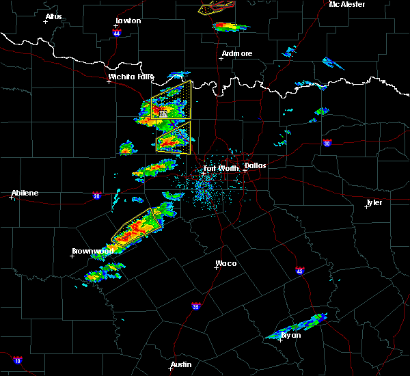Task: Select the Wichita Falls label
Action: point(131,77)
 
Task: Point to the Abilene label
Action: point(25,193)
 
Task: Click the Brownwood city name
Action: point(92,251)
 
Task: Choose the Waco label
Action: point(226,263)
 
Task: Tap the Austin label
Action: point(181,364)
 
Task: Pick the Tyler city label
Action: point(374,202)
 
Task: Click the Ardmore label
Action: point(237,53)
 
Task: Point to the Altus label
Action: point(53,16)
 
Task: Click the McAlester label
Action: point(347,4)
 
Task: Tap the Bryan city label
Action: point(291,335)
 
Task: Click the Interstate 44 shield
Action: point(117,33)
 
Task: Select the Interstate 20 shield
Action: point(96,195)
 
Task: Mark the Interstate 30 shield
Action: point(327,143)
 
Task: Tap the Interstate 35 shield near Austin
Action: point(196,306)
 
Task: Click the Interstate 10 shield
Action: point(17,360)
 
